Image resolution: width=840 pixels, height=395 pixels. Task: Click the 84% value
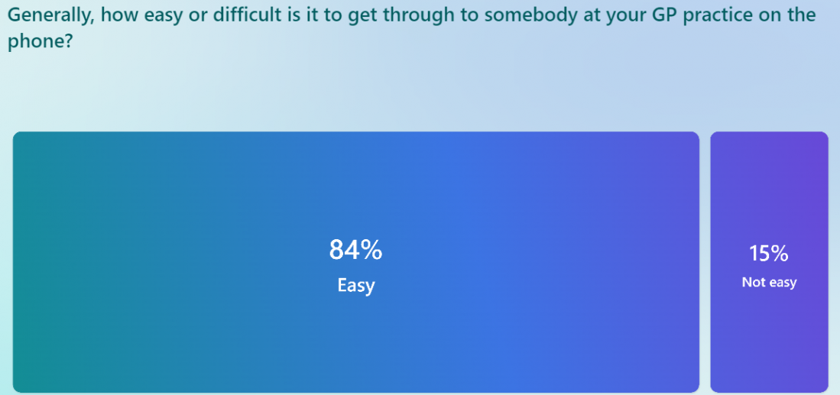355,250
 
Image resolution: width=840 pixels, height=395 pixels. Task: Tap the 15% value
769,254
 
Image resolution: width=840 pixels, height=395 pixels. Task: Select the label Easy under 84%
355,285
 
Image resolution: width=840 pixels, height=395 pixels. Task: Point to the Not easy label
769,283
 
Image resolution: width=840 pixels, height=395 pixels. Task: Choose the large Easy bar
355,262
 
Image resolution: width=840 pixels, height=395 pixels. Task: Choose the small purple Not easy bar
769,262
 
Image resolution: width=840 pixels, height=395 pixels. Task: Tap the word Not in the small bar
752,282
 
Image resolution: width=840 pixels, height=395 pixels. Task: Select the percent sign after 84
371,250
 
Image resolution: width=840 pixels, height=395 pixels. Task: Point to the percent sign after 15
780,254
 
